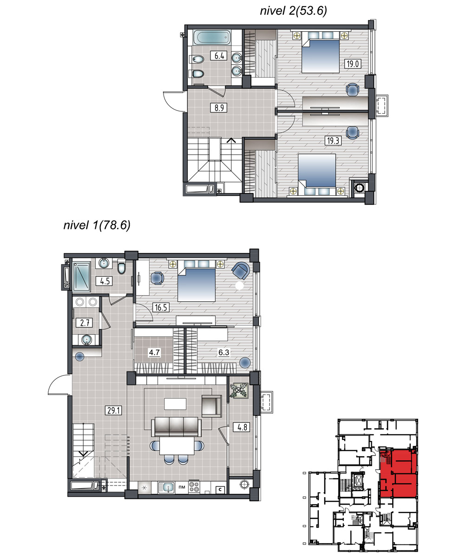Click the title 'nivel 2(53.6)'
click(293, 11)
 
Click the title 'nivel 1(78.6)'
click(97, 225)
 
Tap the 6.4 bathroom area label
click(219, 56)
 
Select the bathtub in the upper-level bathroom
click(212, 38)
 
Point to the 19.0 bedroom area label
click(353, 64)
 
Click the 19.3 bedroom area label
click(333, 141)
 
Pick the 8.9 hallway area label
click(219, 108)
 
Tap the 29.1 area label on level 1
click(113, 410)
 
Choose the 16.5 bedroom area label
click(161, 307)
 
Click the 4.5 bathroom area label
click(105, 281)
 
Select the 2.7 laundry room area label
click(85, 323)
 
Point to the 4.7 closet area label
click(154, 352)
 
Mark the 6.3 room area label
click(224, 352)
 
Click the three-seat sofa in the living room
click(177, 426)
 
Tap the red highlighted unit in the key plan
click(398, 473)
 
